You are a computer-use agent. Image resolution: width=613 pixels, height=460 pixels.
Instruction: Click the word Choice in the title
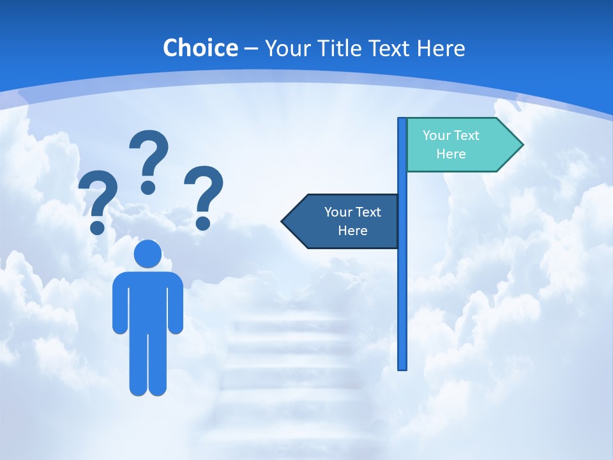click(x=200, y=48)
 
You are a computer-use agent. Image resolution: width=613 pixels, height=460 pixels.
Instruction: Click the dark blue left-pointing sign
click(x=345, y=221)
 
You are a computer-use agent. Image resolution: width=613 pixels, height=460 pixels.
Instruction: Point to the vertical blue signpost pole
click(x=402, y=287)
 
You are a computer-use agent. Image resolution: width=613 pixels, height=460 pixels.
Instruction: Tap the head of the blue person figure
click(x=148, y=254)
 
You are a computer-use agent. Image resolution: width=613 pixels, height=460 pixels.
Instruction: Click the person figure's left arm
click(x=120, y=303)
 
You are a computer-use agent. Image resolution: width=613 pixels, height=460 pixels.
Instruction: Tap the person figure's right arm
click(x=176, y=303)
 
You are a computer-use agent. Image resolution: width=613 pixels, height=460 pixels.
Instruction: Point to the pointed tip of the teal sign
click(x=521, y=145)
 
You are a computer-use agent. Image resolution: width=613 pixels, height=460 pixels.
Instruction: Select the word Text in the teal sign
click(x=467, y=135)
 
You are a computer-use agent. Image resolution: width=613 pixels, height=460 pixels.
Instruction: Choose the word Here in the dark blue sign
click(x=352, y=231)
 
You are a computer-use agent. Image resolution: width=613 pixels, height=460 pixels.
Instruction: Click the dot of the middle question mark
click(x=148, y=187)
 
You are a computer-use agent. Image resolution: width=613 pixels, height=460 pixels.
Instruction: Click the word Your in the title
click(x=284, y=48)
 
